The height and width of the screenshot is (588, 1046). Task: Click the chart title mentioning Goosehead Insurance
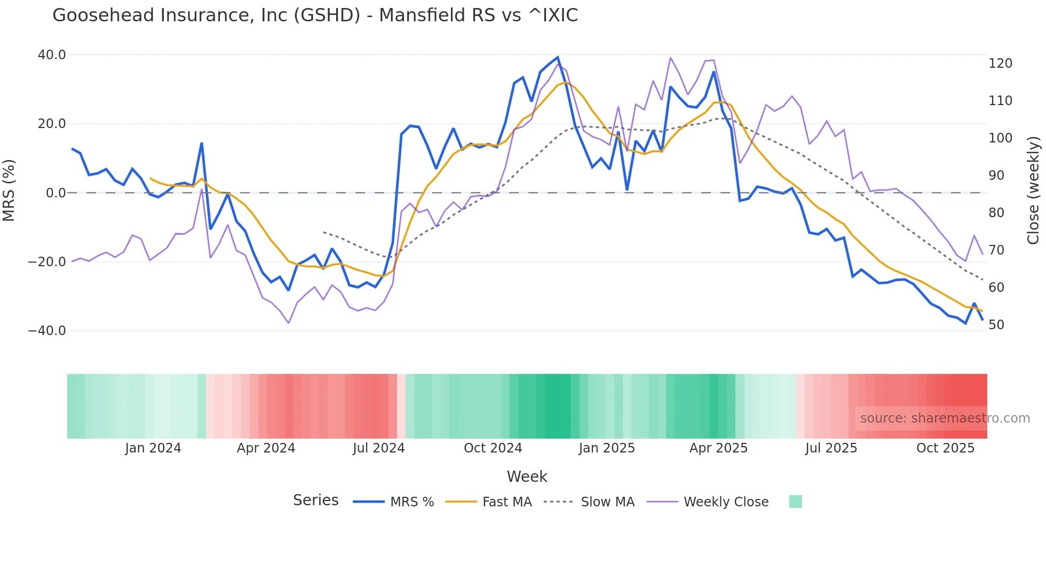click(x=315, y=15)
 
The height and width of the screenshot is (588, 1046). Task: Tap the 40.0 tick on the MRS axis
click(x=52, y=55)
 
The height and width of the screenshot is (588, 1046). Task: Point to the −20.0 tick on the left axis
click(x=47, y=262)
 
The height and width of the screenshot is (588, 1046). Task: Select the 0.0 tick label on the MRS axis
click(x=56, y=193)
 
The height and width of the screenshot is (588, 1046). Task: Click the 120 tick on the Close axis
click(x=1000, y=63)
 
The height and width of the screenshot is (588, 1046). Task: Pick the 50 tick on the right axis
click(x=996, y=325)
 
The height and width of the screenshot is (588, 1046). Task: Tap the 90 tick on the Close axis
click(x=996, y=176)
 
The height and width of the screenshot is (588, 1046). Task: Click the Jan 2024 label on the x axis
click(x=153, y=448)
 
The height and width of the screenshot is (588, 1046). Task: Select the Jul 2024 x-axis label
click(x=379, y=448)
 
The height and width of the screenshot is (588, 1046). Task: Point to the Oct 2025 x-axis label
click(x=945, y=448)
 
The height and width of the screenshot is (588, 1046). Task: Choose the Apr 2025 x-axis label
click(x=718, y=448)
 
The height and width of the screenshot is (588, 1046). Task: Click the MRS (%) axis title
click(x=9, y=190)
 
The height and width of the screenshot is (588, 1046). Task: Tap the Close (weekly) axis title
click(x=1033, y=190)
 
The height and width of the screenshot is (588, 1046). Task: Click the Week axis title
click(x=527, y=476)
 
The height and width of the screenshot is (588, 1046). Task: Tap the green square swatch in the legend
click(x=795, y=502)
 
